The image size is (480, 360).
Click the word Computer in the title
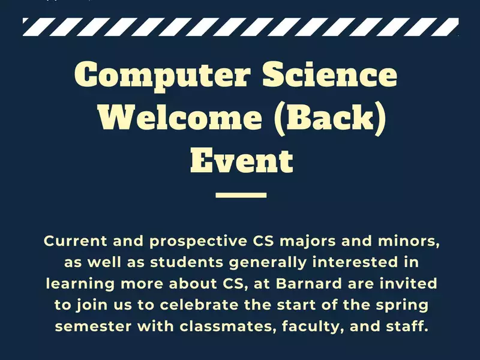point(163,76)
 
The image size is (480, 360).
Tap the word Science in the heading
point(330,73)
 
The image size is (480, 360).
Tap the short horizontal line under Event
point(241,195)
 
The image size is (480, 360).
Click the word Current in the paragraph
point(76,241)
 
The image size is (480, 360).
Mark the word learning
point(80,284)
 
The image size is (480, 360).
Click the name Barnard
point(309,283)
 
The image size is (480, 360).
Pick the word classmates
point(226,326)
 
